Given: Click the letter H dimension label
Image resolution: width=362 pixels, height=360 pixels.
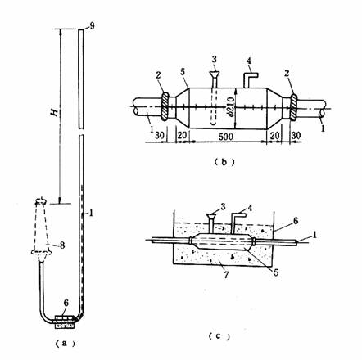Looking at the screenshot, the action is [x=55, y=112].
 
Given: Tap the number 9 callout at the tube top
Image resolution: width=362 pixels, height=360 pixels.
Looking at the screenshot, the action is [x=92, y=26].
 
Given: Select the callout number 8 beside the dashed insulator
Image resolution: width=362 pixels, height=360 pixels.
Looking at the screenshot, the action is [x=62, y=245].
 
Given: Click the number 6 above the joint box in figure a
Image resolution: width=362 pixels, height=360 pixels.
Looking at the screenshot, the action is [x=66, y=303].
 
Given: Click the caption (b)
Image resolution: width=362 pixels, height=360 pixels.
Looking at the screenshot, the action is [x=224, y=162].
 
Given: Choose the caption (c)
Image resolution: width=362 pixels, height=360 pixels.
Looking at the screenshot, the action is [x=219, y=336].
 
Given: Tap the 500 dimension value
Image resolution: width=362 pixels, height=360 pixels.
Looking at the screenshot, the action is [x=225, y=136].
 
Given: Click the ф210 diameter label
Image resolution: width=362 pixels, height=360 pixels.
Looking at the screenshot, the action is [x=231, y=106].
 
